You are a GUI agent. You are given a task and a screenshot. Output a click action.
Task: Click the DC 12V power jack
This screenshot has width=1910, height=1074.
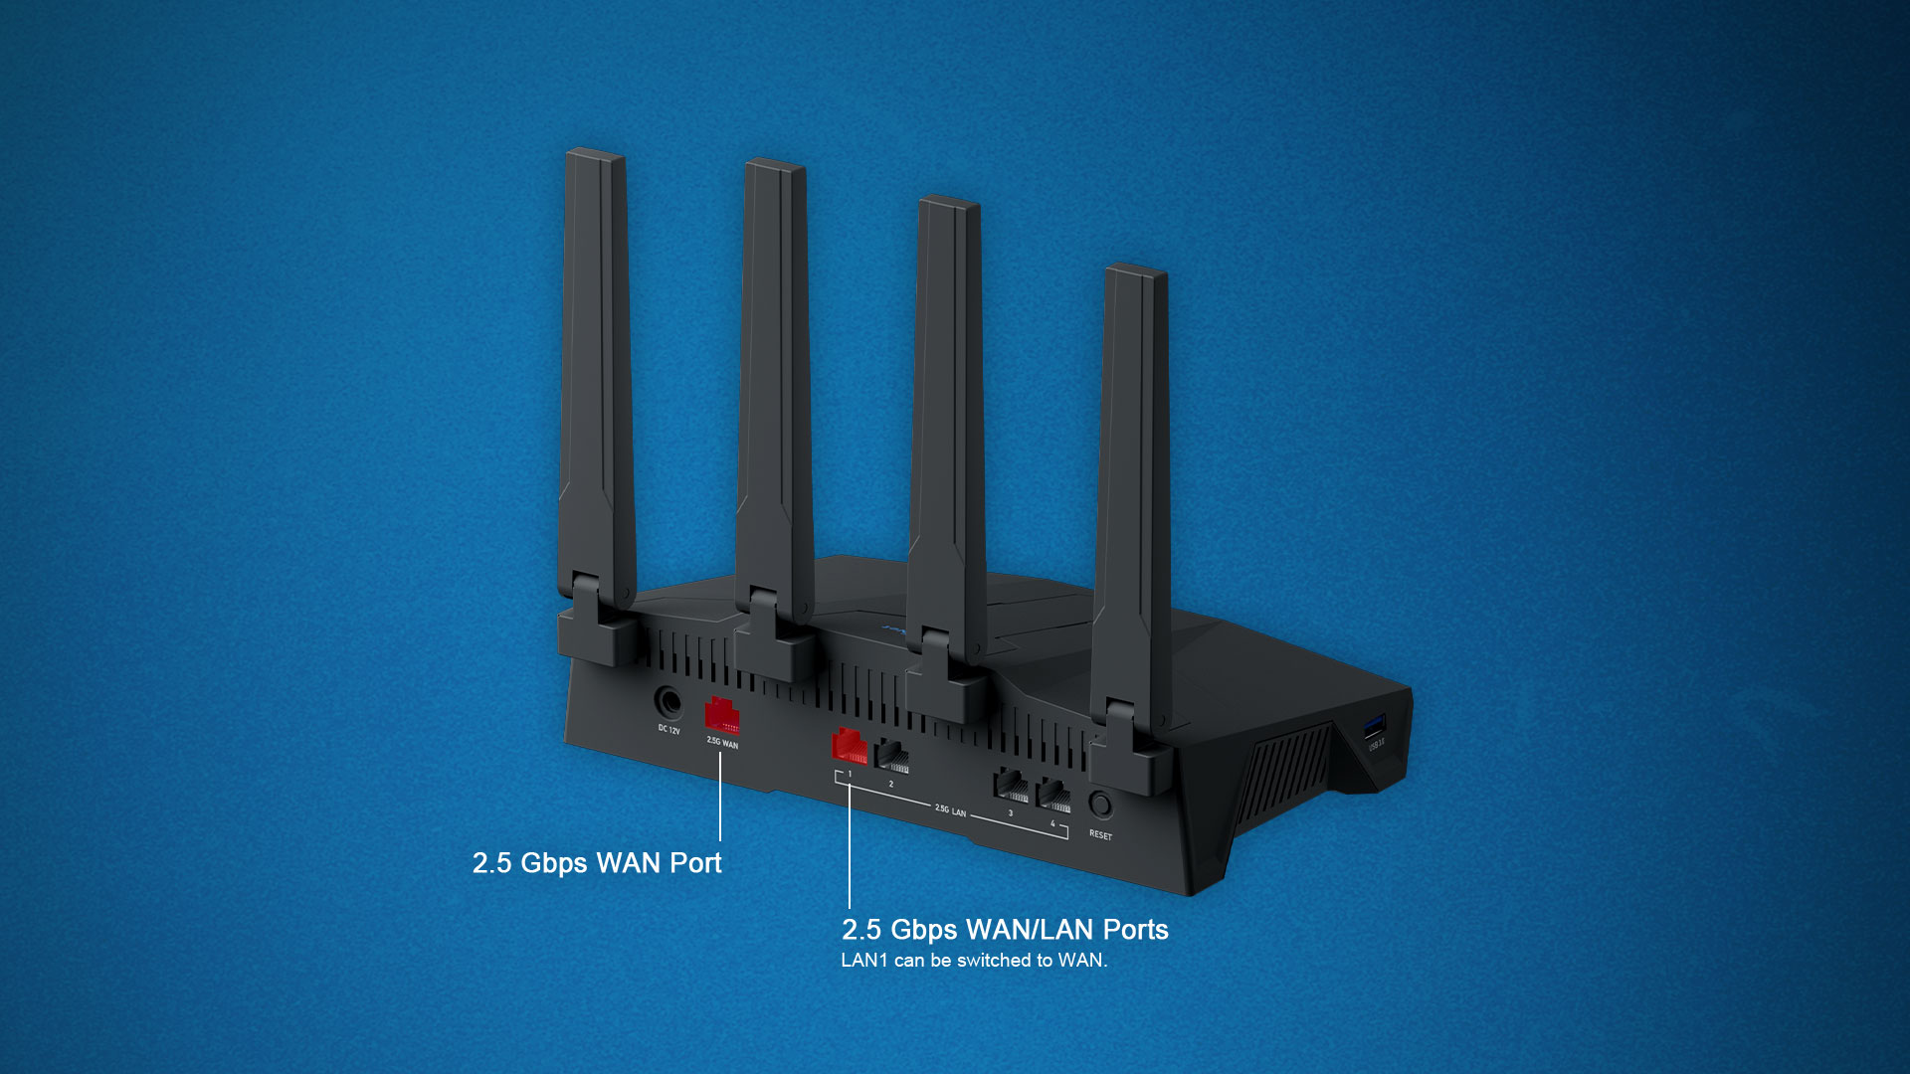[x=668, y=703]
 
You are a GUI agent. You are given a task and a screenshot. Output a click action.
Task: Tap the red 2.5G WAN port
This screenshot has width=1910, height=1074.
[x=721, y=716]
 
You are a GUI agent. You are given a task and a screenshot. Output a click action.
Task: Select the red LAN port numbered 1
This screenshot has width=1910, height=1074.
[x=849, y=746]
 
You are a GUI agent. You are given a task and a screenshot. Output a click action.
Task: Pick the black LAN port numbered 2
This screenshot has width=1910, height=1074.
[x=892, y=757]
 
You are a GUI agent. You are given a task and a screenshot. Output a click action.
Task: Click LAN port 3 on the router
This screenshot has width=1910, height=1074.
[x=1011, y=787]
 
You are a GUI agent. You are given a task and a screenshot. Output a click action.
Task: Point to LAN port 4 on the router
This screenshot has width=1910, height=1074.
[x=1053, y=796]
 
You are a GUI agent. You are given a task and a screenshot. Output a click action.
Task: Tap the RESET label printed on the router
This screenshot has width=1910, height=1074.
[x=1100, y=835]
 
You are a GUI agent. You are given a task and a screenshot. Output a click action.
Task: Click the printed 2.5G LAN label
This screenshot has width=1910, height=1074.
[x=950, y=810]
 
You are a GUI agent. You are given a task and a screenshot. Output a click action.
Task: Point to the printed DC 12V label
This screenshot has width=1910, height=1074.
[x=668, y=731]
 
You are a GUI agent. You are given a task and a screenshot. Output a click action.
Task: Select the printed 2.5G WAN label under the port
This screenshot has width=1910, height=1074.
[x=722, y=743]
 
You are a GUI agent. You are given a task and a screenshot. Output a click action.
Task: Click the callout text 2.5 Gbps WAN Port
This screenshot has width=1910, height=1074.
[x=597, y=863]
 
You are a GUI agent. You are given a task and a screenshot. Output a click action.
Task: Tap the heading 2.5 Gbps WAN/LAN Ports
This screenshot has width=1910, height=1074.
[x=1005, y=930]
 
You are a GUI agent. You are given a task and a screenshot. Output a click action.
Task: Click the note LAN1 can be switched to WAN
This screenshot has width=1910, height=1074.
[x=974, y=961]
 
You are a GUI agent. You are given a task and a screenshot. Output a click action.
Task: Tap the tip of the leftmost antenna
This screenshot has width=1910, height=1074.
[x=595, y=157]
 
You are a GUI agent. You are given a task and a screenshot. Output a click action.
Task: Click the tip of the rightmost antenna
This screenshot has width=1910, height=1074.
[x=1136, y=272]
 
